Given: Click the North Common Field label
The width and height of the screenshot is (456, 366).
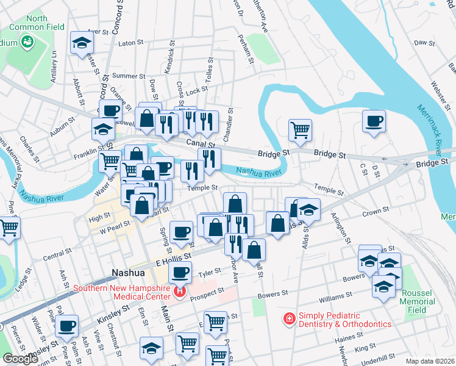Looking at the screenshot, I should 37,23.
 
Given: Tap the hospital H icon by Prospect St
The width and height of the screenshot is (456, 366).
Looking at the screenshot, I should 179,292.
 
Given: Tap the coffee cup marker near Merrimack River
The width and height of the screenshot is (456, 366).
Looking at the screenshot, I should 374,120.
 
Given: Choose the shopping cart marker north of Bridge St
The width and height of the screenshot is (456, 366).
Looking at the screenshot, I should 300,129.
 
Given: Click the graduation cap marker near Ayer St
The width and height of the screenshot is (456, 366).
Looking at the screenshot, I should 82,42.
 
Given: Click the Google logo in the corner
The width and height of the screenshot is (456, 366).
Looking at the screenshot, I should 20,359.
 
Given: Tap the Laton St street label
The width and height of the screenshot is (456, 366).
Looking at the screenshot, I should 130,43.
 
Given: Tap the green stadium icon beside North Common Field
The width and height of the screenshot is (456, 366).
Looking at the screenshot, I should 27,41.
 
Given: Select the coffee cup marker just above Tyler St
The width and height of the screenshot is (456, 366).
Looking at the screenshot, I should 179,272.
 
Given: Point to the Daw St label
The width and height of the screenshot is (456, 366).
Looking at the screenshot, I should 423,43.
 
